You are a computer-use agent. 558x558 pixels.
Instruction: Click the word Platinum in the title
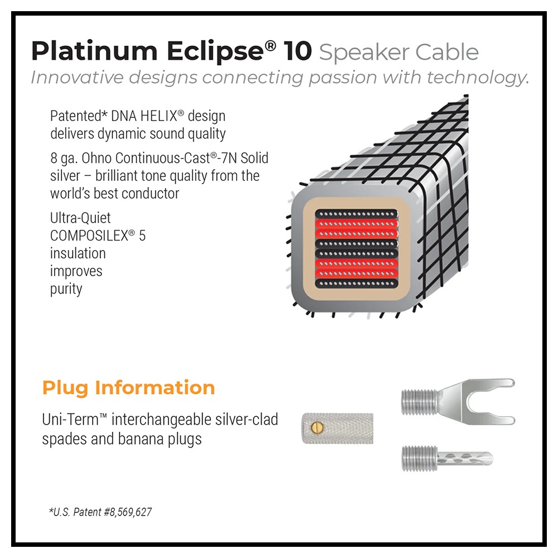click(94, 51)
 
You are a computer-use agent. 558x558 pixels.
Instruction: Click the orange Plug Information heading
click(128, 388)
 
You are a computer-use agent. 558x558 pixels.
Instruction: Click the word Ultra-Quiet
click(80, 218)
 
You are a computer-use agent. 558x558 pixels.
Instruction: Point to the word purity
click(66, 289)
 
